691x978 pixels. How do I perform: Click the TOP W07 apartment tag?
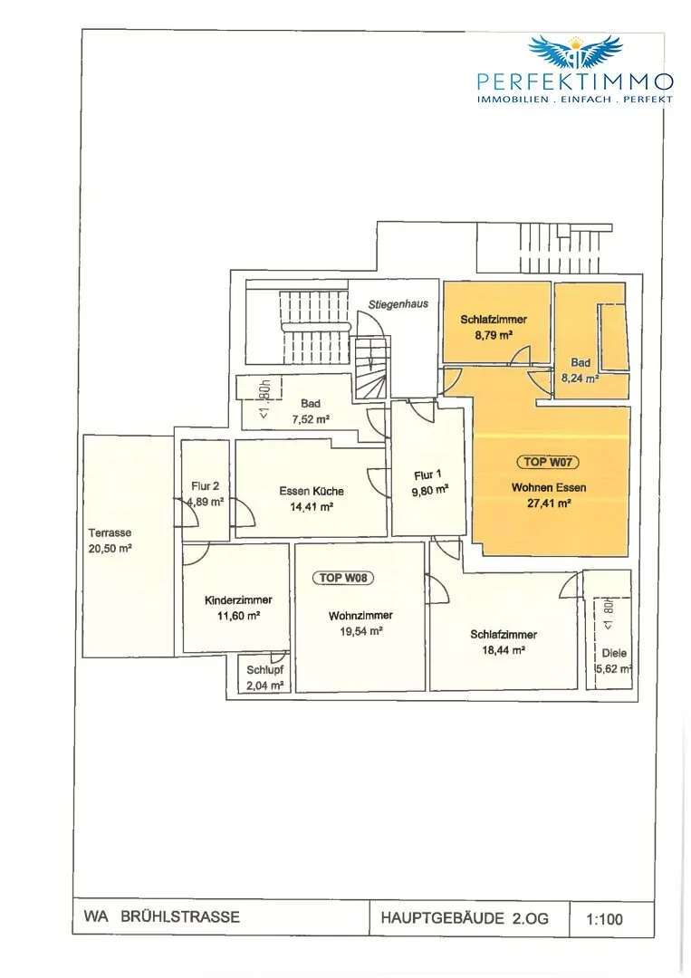pyautogui.click(x=548, y=462)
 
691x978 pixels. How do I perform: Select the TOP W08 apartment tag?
pyautogui.click(x=343, y=578)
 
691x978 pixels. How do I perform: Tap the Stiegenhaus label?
pyautogui.click(x=398, y=304)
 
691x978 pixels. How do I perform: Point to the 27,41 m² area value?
pyautogui.click(x=549, y=503)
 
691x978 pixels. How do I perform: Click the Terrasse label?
pyautogui.click(x=110, y=533)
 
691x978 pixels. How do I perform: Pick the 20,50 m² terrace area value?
pyautogui.click(x=110, y=549)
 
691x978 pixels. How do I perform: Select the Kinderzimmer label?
pyautogui.click(x=238, y=600)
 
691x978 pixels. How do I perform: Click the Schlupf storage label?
pyautogui.click(x=265, y=670)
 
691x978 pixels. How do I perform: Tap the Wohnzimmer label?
pyautogui.click(x=361, y=616)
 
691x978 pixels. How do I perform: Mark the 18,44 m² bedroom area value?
pyautogui.click(x=504, y=650)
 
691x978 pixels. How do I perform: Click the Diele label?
pyautogui.click(x=614, y=654)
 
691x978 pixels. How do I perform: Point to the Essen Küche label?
pyautogui.click(x=312, y=492)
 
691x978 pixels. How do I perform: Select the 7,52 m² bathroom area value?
pyautogui.click(x=311, y=419)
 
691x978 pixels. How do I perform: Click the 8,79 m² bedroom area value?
pyautogui.click(x=494, y=335)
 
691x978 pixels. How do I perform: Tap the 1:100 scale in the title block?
pyautogui.click(x=604, y=919)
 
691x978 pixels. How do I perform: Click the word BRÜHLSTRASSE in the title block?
pyautogui.click(x=180, y=916)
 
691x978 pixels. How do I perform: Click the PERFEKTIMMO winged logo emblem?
pyautogui.click(x=575, y=51)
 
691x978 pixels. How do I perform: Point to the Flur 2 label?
pyautogui.click(x=206, y=486)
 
